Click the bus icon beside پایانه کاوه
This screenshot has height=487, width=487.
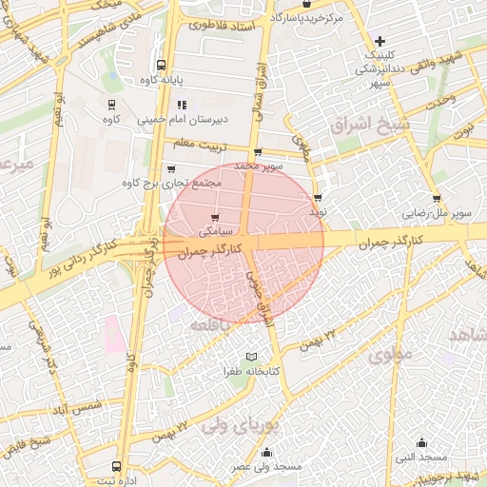pos(162,67)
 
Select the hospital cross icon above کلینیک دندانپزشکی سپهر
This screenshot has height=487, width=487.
pos(380,41)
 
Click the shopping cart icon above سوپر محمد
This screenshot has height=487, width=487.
pos(257,152)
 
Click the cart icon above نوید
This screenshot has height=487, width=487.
pos(318,198)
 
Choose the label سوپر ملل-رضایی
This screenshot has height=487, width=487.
pos(437,214)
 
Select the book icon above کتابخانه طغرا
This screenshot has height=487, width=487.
pos(251,356)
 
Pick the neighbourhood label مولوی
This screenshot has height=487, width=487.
pos(387,357)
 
